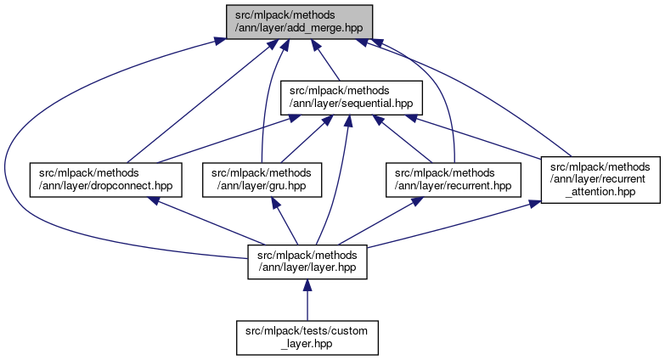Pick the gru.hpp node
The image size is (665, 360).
pos(262,179)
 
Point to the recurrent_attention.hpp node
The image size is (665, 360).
pos(600,179)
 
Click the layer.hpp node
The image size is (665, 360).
pos(307,262)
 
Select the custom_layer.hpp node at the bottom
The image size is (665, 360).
pos(307,337)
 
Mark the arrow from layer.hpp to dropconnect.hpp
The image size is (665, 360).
pos(204,220)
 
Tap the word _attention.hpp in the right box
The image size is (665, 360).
pos(600,191)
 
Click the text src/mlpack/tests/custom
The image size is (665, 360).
pos(307,331)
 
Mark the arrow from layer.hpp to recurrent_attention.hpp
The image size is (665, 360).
pos(450,223)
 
